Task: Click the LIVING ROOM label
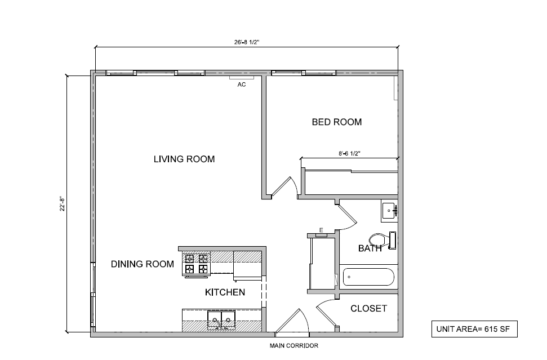pyautogui.click(x=184, y=159)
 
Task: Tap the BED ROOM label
pyautogui.click(x=337, y=122)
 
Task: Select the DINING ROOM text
pyautogui.click(x=142, y=264)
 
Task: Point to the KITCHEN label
pyautogui.click(x=225, y=292)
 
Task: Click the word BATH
pyautogui.click(x=370, y=248)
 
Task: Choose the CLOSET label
pyautogui.click(x=368, y=308)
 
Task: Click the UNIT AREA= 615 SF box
pyautogui.click(x=473, y=329)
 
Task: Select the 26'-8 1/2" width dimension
pyautogui.click(x=247, y=41)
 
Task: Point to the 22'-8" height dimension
pyautogui.click(x=63, y=203)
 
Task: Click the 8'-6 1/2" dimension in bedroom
pyautogui.click(x=349, y=153)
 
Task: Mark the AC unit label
pyautogui.click(x=241, y=85)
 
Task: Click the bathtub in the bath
pyautogui.click(x=369, y=277)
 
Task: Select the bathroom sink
pyautogui.click(x=389, y=211)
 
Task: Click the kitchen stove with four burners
pyautogui.click(x=195, y=264)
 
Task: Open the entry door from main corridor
pyautogui.click(x=292, y=324)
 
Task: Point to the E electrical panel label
pyautogui.click(x=321, y=230)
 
